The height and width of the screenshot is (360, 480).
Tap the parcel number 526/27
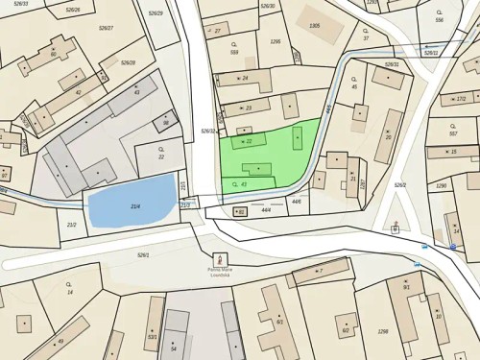(x=106, y=29)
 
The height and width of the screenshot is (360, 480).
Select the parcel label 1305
(x=315, y=26)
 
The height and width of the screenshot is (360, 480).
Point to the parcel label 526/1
(x=143, y=254)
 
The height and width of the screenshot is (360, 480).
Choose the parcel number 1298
(x=383, y=331)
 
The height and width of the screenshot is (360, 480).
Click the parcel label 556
(x=439, y=20)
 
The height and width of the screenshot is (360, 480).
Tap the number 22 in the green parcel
(x=249, y=142)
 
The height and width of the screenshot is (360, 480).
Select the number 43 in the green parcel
(x=243, y=183)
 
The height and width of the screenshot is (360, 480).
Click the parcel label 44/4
(x=266, y=208)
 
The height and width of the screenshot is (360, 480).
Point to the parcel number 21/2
(x=71, y=225)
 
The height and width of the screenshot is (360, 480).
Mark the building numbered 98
(x=166, y=123)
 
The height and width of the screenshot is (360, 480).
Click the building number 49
(x=60, y=341)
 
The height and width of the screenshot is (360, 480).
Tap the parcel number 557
(x=453, y=133)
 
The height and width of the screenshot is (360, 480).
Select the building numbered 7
(x=321, y=272)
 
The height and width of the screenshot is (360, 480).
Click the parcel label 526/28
(x=128, y=62)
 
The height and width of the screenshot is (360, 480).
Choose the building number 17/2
(x=460, y=98)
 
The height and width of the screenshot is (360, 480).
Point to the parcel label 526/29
(x=156, y=13)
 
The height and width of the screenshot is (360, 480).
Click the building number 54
(x=174, y=348)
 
